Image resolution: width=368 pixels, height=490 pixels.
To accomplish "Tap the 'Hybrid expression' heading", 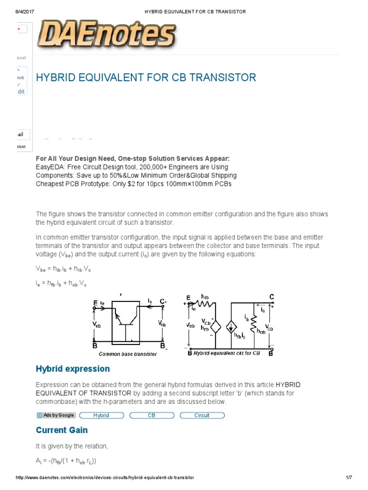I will (73, 369).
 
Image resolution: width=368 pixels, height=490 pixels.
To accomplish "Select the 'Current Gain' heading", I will (62, 430).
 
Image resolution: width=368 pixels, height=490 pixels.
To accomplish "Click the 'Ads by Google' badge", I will (56, 415).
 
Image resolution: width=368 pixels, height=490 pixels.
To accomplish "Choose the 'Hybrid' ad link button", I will (101, 415).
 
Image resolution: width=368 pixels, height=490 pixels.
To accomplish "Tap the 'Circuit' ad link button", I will (202, 415).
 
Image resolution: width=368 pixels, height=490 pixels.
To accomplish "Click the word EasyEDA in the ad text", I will (51, 167).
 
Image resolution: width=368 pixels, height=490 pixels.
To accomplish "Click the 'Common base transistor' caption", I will (128, 354).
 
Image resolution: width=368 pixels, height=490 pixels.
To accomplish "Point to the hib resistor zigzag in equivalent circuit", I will (206, 303).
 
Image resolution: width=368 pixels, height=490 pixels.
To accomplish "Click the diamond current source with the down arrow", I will (231, 327).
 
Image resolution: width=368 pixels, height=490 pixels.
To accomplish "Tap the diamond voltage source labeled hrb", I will (215, 327).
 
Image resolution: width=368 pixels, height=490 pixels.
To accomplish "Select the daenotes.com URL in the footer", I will (105, 478).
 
